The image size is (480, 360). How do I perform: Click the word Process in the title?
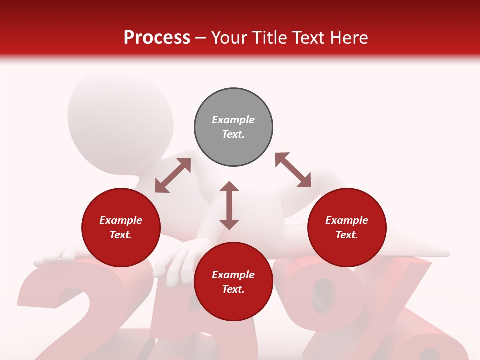pyautogui.click(x=157, y=37)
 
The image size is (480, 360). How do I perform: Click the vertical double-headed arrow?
pyautogui.click(x=229, y=206)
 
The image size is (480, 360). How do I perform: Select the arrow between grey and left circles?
pyautogui.click(x=173, y=175)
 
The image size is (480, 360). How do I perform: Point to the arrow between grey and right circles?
pyautogui.click(x=293, y=170)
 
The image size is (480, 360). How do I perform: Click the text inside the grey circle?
pyautogui.click(x=233, y=127)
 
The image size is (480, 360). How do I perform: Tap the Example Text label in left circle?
pyautogui.click(x=121, y=227)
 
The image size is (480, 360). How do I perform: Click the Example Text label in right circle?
pyautogui.click(x=347, y=227)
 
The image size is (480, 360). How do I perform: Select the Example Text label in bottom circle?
pyautogui.click(x=233, y=282)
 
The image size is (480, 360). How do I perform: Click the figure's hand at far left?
pyautogui.click(x=52, y=257)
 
